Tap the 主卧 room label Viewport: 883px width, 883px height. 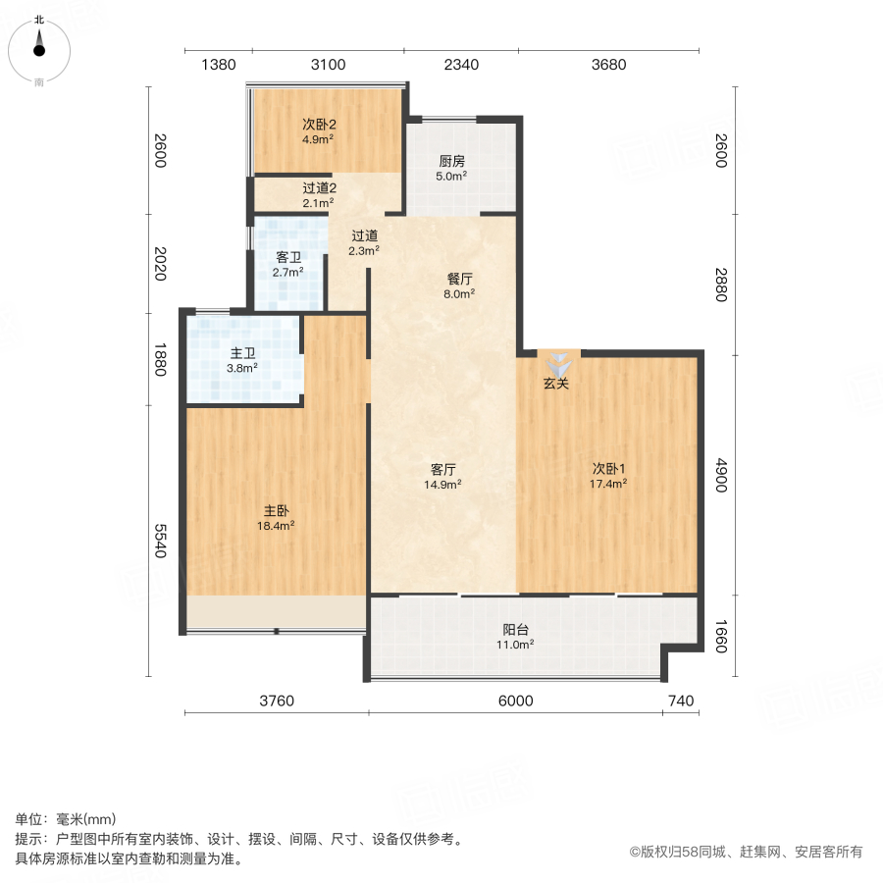(276, 510)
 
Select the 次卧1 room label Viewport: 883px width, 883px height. (608, 468)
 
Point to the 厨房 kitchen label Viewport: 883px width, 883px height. (451, 162)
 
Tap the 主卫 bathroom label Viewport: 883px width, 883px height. (242, 353)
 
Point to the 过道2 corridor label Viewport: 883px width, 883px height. (319, 187)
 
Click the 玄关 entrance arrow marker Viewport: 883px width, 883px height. (556, 361)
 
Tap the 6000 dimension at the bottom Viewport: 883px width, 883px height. (515, 701)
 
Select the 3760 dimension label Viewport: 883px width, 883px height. (277, 701)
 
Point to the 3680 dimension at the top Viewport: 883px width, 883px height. (608, 65)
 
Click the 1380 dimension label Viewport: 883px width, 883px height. (219, 65)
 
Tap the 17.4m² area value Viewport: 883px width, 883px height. (608, 483)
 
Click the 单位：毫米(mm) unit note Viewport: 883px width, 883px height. (65, 820)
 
